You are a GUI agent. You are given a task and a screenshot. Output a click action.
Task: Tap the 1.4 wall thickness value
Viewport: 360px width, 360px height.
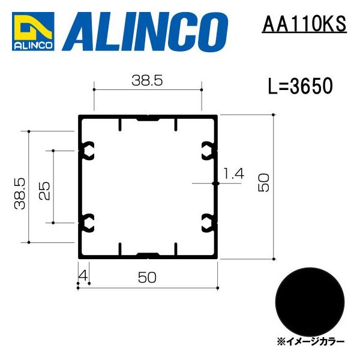(x=233, y=174)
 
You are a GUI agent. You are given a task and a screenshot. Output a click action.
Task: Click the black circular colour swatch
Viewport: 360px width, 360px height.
(x=311, y=300)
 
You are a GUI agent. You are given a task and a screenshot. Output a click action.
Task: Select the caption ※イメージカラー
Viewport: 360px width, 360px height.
(x=311, y=341)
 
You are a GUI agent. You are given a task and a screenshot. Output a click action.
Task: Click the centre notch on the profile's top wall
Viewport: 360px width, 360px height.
(x=148, y=118)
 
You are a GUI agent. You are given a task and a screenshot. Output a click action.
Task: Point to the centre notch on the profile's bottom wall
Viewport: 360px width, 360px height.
(x=148, y=254)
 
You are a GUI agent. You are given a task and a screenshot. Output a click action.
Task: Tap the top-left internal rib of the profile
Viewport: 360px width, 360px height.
(x=120, y=125)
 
